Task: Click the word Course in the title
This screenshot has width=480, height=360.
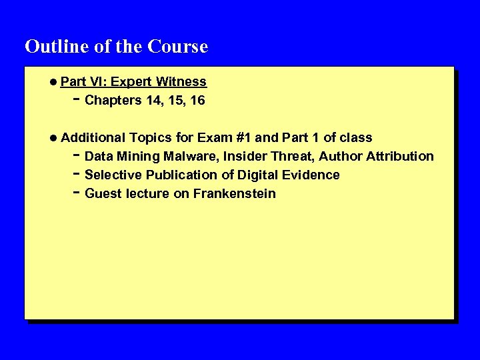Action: click(x=178, y=47)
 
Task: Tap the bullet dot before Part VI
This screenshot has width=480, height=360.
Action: click(x=53, y=82)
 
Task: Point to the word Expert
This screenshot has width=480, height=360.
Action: click(x=131, y=82)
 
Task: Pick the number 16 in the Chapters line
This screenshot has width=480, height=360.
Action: click(x=197, y=101)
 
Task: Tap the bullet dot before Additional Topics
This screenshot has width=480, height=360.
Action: click(x=53, y=138)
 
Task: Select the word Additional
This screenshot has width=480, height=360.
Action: click(x=93, y=138)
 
